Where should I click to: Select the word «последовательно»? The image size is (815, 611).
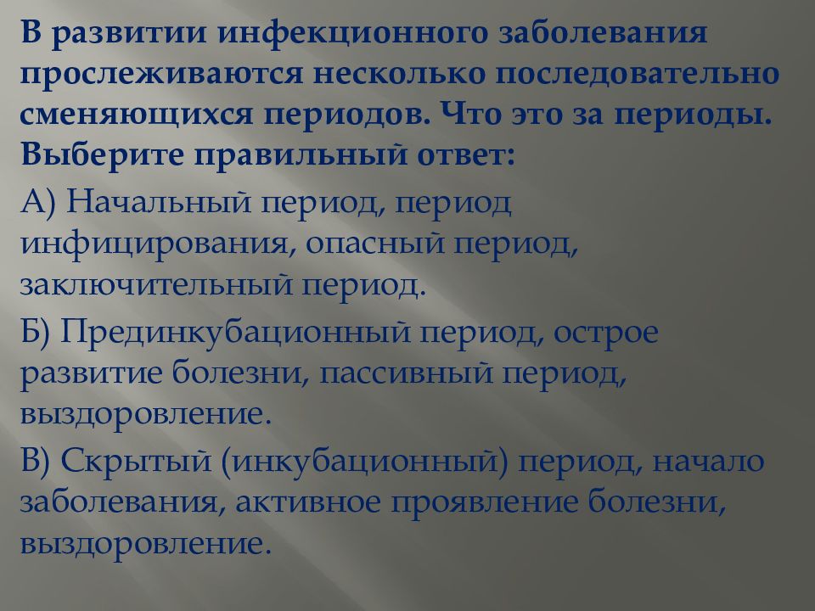[637, 74]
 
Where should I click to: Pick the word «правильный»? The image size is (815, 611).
[300, 155]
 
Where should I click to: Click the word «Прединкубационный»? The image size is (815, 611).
[235, 333]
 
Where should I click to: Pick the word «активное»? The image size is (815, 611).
[307, 502]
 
